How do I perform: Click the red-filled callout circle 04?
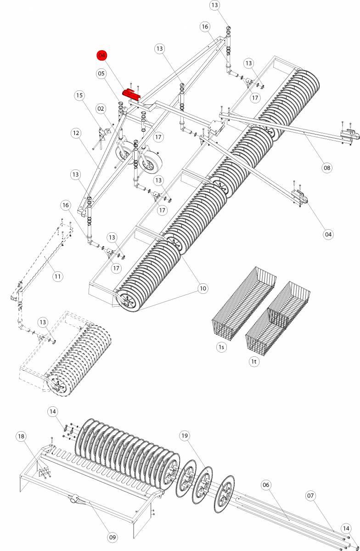click(x=101, y=56)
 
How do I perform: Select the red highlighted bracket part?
click(x=131, y=94)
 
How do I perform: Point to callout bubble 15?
click(x=80, y=96)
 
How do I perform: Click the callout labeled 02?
click(x=101, y=109)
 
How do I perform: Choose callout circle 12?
click(x=76, y=133)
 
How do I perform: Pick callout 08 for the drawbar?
click(x=326, y=168)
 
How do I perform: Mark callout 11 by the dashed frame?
click(x=57, y=276)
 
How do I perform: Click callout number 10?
click(x=202, y=288)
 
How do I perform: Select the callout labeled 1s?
click(x=221, y=347)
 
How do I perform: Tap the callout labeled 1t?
click(x=254, y=361)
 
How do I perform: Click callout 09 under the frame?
click(x=113, y=537)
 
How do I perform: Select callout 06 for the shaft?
click(x=266, y=485)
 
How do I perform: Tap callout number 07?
click(x=311, y=496)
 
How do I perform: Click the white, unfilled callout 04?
click(x=328, y=235)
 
